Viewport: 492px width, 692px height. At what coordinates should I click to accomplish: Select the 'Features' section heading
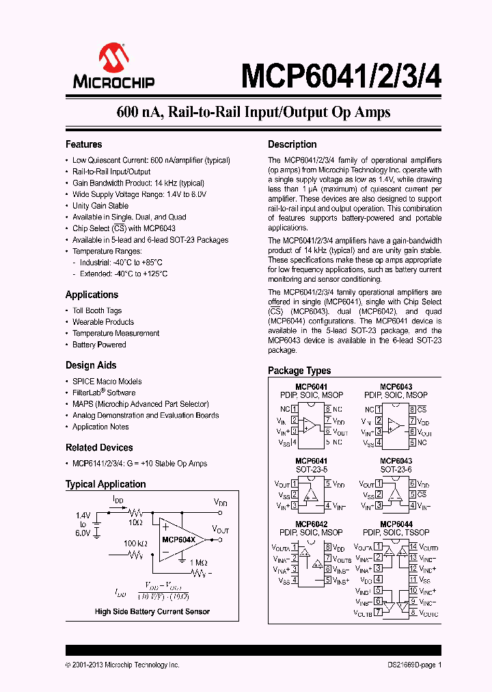tap(83, 144)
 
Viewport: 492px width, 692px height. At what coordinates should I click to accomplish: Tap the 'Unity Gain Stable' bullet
tap(100, 206)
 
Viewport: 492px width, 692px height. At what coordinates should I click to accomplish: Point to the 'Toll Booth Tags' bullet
tap(97, 310)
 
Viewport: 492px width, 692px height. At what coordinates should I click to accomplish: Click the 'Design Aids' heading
tap(91, 365)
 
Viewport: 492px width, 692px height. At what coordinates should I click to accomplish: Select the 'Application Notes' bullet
tap(100, 427)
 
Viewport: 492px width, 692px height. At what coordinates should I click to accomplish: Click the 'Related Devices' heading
tap(99, 448)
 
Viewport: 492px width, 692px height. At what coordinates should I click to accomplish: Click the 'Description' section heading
tap(292, 144)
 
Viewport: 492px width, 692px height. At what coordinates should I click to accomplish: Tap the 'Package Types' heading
tap(299, 371)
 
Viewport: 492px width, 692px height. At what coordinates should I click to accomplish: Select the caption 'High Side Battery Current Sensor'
tap(152, 611)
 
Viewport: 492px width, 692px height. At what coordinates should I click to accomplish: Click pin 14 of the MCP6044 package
tap(413, 547)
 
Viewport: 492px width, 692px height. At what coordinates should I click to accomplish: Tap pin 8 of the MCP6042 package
tap(328, 547)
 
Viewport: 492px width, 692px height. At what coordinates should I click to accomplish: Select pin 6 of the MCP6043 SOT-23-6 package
tap(413, 483)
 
